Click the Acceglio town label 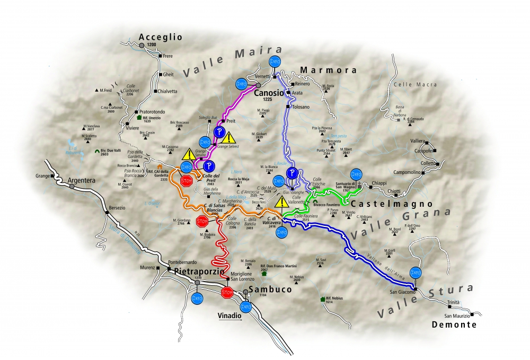point(160,37)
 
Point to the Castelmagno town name point(392,203)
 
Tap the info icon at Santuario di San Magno point(356,174)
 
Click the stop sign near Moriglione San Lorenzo point(227,292)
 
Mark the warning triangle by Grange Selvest point(228,138)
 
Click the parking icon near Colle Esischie point(291,173)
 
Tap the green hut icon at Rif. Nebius point(322,299)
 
